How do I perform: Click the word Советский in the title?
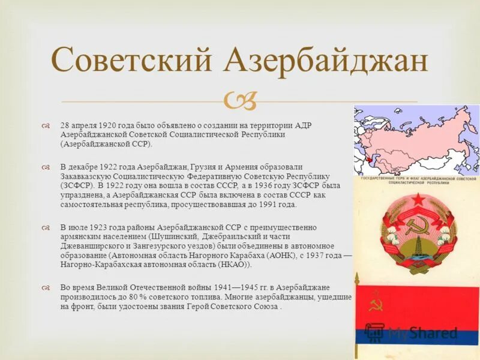click(x=133, y=61)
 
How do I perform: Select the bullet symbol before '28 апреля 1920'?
click(x=46, y=125)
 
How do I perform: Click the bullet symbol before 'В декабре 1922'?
click(x=46, y=166)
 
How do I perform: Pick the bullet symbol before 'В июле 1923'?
click(x=46, y=227)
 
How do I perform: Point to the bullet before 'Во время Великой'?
click(x=46, y=287)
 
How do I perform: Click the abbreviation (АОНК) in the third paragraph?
click(x=275, y=256)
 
